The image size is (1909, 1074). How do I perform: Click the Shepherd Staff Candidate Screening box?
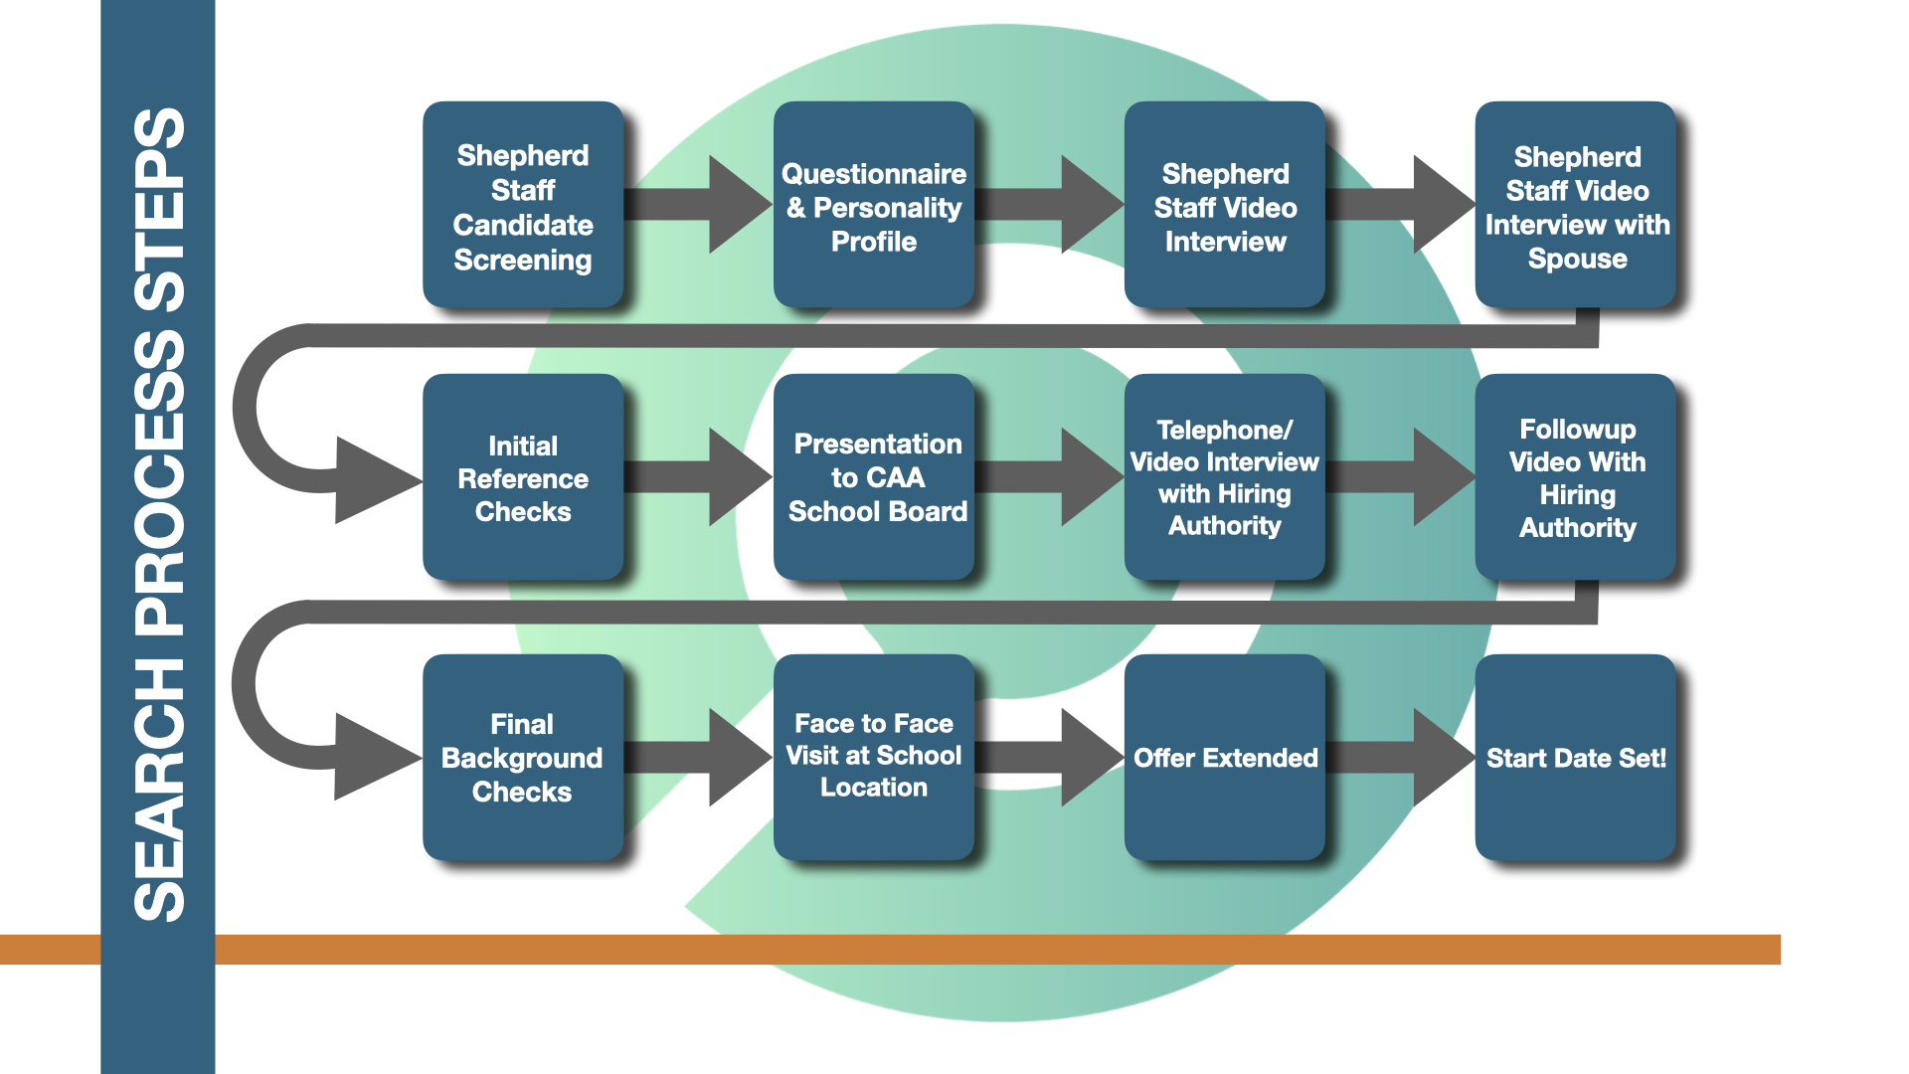coord(523,205)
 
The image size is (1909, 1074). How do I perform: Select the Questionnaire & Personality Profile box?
coord(874,205)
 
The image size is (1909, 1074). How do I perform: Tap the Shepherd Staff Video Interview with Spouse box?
coord(1576,205)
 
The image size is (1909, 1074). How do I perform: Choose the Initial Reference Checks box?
coord(523,477)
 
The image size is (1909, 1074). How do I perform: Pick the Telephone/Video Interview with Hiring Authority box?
coord(1225,477)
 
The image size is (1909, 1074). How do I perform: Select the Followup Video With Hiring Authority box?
coord(1576,477)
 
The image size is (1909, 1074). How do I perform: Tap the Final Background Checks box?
coord(523,758)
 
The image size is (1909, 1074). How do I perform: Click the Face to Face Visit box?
coord(874,758)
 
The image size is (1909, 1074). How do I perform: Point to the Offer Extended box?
coord(1225,758)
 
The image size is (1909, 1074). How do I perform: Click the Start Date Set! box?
coord(1576,758)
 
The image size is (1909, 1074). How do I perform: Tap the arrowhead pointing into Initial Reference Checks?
coord(373,480)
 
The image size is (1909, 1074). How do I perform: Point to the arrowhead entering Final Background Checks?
coord(373,757)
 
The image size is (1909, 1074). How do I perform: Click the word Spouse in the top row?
coord(1577,259)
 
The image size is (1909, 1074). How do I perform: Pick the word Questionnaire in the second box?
coord(874,174)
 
